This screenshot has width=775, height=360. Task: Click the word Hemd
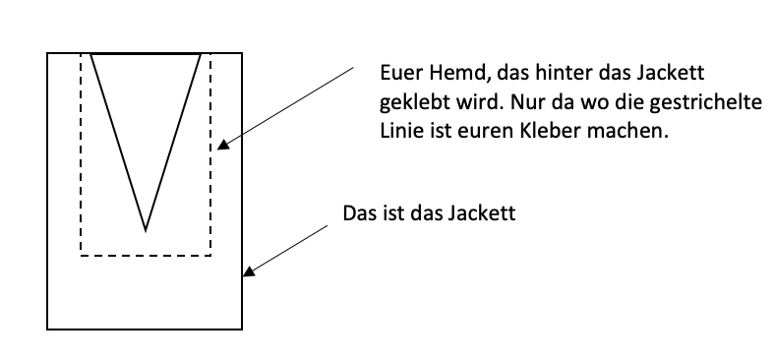point(447,74)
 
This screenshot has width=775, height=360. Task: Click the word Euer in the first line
point(398,74)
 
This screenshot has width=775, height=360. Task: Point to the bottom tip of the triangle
point(146,230)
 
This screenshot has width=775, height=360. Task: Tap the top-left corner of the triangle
point(90,54)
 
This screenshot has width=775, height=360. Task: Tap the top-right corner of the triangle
point(201,54)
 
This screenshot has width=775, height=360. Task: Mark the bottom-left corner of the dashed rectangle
point(81,256)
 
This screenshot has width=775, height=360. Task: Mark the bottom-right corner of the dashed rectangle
point(211,256)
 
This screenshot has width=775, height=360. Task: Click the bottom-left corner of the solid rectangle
point(48,329)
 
